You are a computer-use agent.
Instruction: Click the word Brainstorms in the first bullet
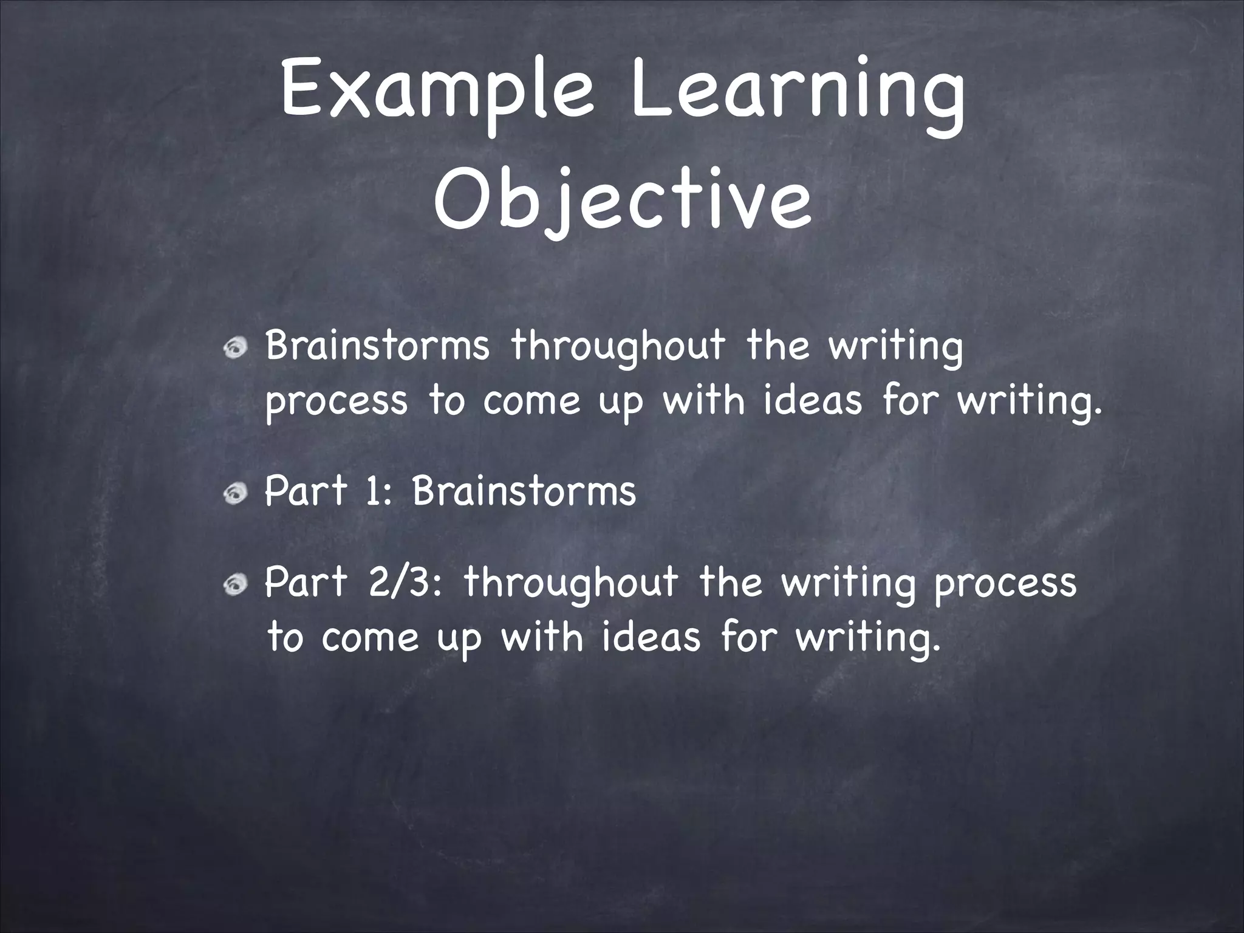point(377,345)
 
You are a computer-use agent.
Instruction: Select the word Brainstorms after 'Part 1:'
point(524,491)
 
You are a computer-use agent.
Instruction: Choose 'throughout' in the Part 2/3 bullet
point(571,583)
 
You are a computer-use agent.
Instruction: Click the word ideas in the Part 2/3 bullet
point(651,637)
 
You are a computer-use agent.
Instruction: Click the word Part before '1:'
point(306,491)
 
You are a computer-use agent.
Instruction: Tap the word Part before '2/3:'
point(306,581)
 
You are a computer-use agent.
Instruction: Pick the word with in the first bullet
point(703,401)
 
